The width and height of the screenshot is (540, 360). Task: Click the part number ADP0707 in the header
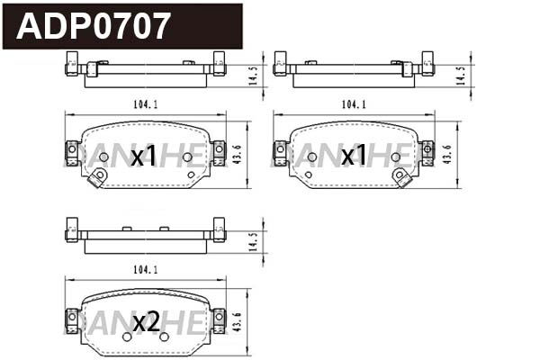[94, 26]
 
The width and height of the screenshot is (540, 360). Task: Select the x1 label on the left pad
[144, 157]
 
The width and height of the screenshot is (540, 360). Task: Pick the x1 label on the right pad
[353, 157]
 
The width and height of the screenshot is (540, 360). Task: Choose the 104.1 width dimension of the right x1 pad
[353, 104]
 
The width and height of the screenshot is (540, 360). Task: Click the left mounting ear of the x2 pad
[72, 318]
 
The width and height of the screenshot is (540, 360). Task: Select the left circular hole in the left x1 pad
[103, 157]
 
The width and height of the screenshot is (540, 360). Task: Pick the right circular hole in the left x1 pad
[187, 157]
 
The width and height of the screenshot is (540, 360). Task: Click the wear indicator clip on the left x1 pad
[94, 179]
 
